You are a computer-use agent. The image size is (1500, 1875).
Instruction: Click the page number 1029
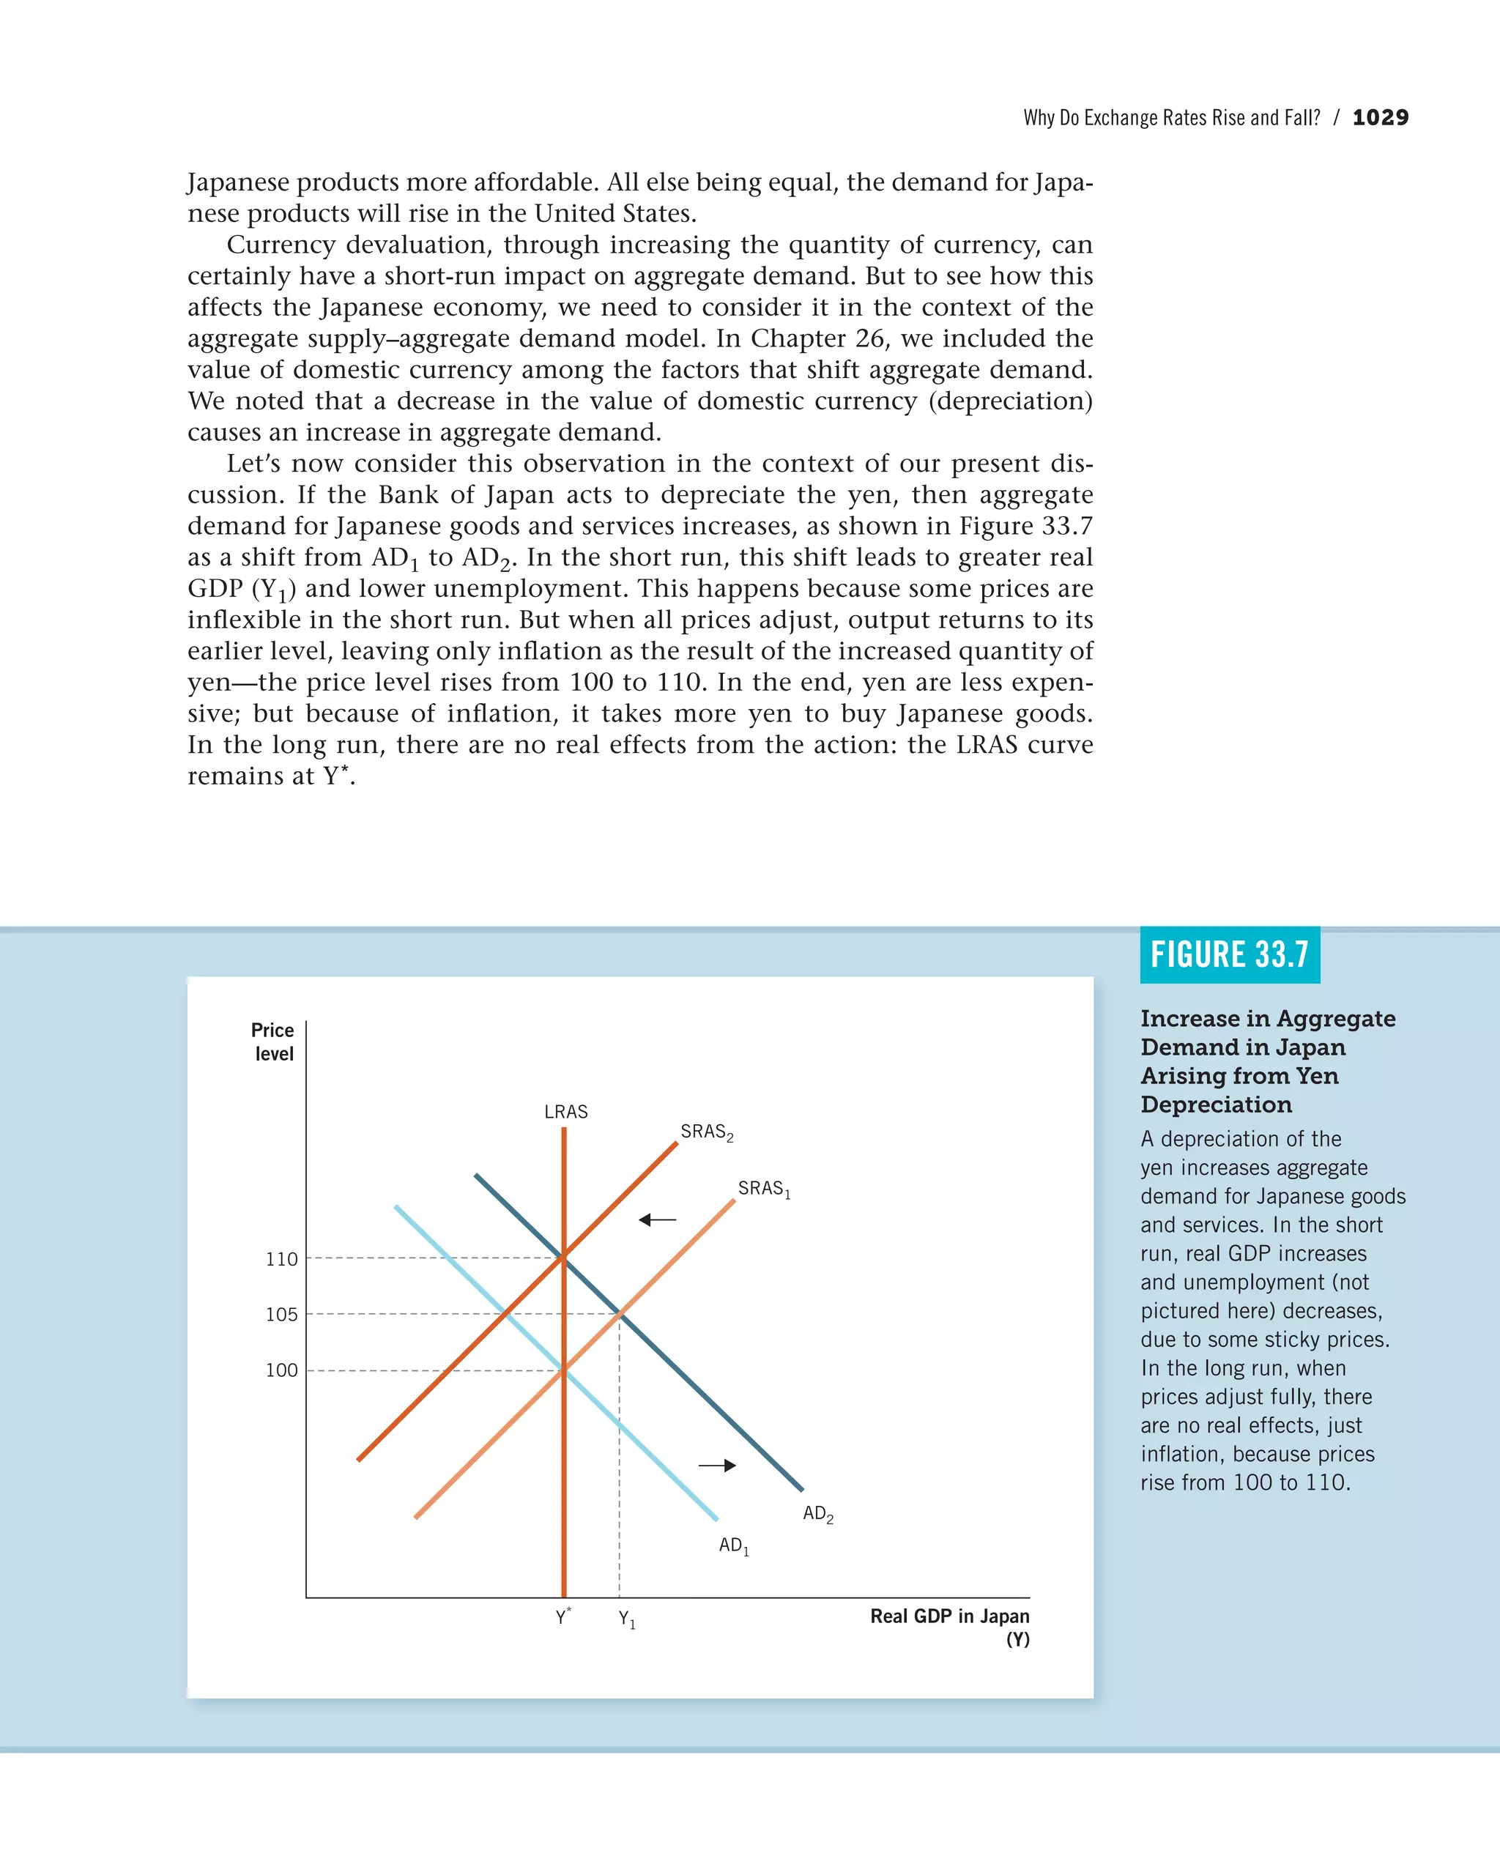[x=1380, y=117]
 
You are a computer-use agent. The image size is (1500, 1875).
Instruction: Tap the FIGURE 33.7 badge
[x=1229, y=955]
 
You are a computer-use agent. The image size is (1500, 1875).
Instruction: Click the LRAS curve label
[x=565, y=1111]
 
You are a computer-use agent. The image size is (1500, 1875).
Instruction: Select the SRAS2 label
[x=706, y=1132]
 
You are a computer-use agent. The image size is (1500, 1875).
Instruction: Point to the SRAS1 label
[x=763, y=1189]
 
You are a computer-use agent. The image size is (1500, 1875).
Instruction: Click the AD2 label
[x=817, y=1514]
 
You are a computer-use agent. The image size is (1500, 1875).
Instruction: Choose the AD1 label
[x=733, y=1545]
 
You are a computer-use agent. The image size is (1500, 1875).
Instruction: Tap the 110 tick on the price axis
[x=282, y=1259]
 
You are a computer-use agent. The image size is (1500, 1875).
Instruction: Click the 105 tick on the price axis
[x=282, y=1315]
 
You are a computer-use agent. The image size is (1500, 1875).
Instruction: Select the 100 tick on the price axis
[x=282, y=1370]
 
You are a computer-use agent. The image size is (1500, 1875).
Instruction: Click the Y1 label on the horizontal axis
[x=626, y=1619]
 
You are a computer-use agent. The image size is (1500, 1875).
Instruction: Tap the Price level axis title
[x=273, y=1042]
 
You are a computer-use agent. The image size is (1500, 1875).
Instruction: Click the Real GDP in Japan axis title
[x=949, y=1626]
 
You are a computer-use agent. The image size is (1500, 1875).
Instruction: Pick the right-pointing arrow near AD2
[x=717, y=1466]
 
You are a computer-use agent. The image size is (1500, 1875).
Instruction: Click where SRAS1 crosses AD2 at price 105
[x=619, y=1314]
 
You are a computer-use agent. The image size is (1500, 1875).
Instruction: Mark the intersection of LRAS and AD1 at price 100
[x=563, y=1370]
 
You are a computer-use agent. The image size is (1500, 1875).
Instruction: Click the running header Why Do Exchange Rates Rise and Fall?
[x=1171, y=117]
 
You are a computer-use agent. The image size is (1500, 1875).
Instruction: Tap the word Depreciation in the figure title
[x=1216, y=1104]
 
